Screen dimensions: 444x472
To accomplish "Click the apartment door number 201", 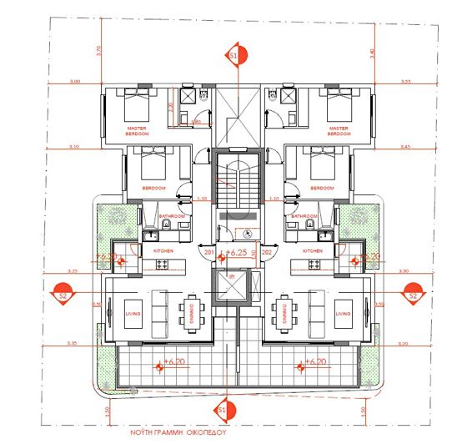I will [208, 250].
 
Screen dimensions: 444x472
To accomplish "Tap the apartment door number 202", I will [267, 250].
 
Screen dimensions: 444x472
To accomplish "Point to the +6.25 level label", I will [239, 251].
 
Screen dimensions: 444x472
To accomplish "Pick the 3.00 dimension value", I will [75, 81].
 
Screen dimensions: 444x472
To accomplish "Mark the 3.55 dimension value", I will [406, 81].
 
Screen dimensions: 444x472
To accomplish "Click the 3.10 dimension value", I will [74, 147].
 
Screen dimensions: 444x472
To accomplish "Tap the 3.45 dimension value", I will [406, 147].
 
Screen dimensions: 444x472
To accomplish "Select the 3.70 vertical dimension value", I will [98, 49].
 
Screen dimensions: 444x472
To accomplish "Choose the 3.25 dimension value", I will [73, 271].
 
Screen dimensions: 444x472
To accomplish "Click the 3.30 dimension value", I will [404, 271].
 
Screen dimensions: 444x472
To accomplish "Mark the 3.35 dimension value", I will [73, 343].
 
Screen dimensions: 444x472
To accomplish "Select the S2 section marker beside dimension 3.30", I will [412, 295].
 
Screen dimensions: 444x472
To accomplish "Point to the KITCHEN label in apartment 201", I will [162, 250].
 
